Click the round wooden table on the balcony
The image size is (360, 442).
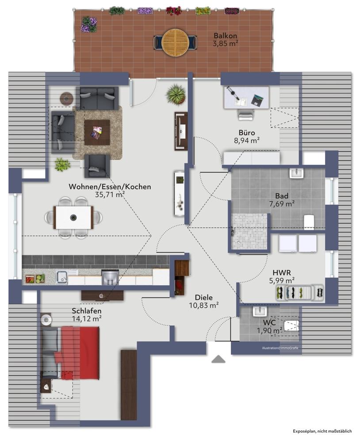(175, 42)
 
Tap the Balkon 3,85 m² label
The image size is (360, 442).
(226, 39)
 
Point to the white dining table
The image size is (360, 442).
(73, 217)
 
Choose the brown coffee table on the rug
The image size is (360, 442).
(97, 133)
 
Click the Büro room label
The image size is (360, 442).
(247, 133)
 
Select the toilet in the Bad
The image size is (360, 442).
(310, 222)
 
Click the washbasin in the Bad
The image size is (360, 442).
(296, 173)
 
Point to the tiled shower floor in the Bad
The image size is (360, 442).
(249, 232)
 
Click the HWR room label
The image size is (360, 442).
(282, 273)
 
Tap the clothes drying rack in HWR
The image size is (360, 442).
(299, 293)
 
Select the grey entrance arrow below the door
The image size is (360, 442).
(218, 359)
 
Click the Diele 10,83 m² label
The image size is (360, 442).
(204, 301)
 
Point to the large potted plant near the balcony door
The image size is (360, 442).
(176, 94)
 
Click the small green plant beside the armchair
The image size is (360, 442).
(62, 164)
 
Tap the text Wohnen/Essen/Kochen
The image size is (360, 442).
(110, 187)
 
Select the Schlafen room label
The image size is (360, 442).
(87, 311)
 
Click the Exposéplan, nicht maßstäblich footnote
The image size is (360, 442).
(322, 431)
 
